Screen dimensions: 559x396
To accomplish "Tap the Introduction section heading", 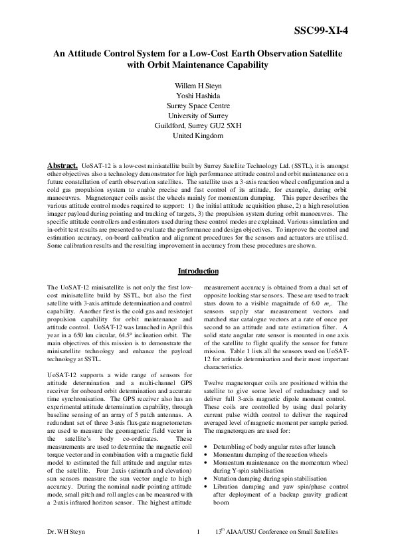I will (198, 272).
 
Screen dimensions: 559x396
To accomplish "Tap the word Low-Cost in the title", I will (197, 53).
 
